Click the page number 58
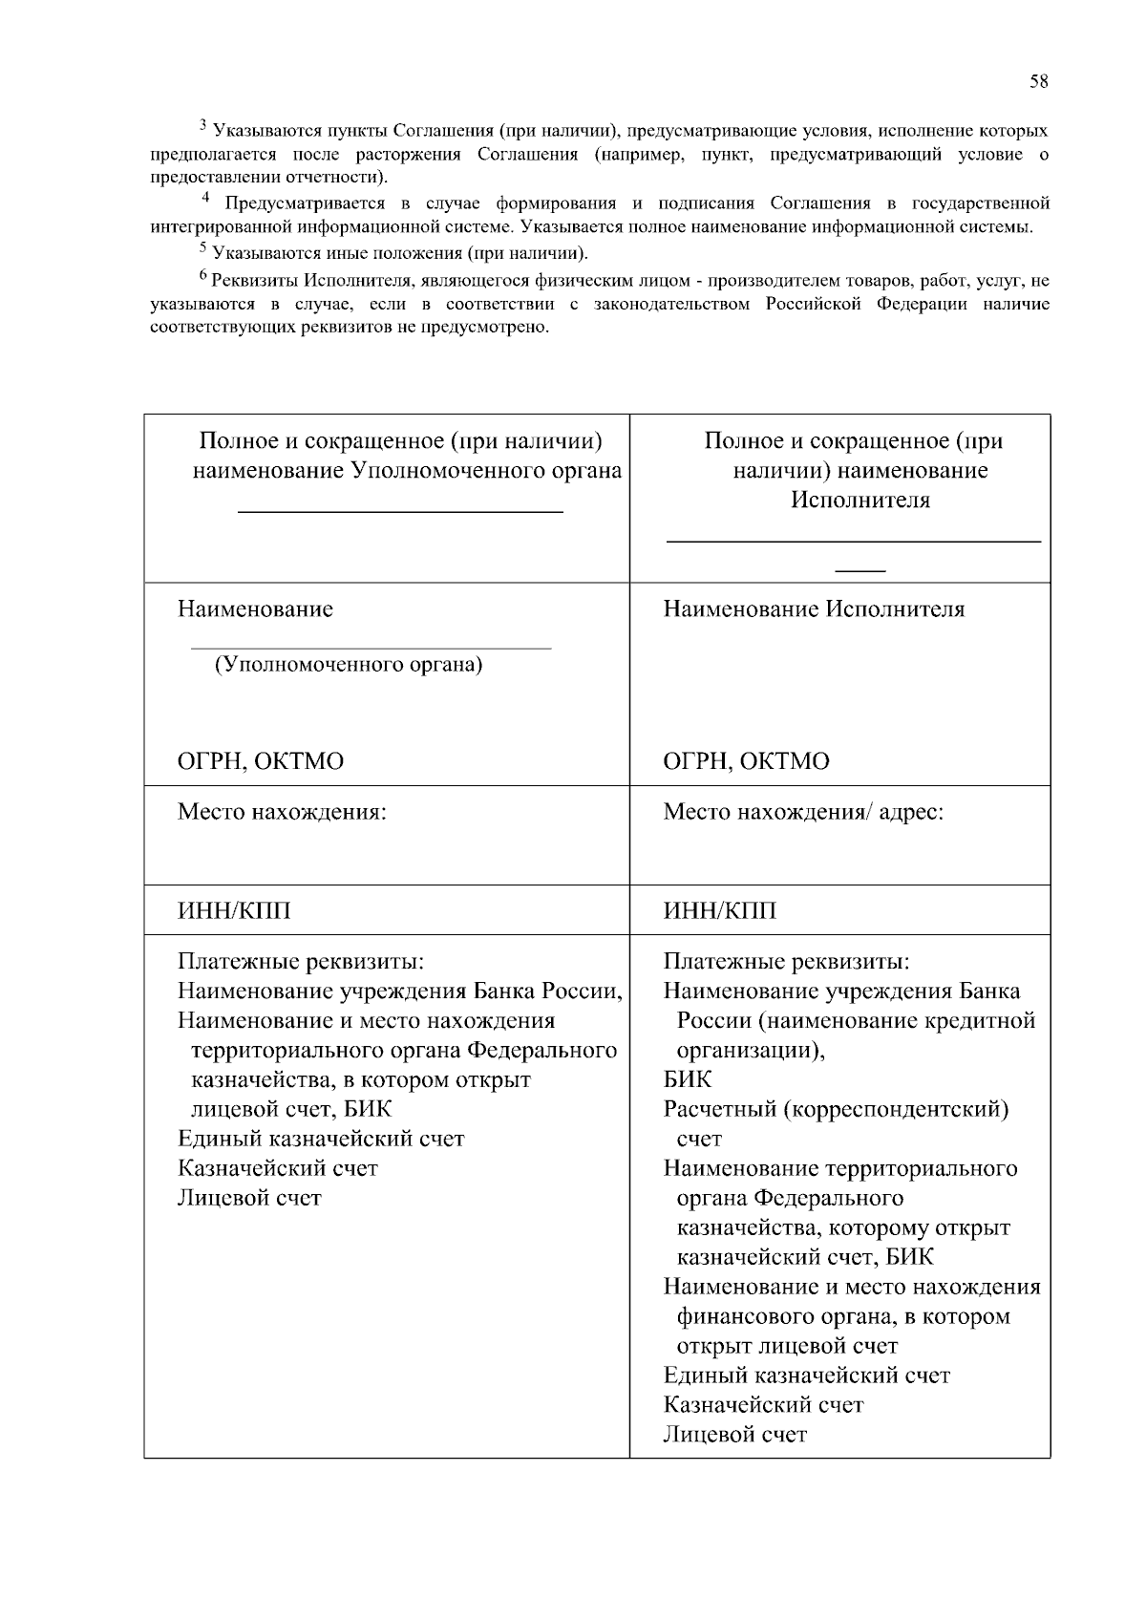pos(1039,82)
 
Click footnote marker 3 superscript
pos(202,125)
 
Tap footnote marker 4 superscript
pos(205,198)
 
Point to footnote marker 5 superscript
pos(202,248)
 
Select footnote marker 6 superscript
pos(202,276)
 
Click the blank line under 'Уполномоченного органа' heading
pos(400,513)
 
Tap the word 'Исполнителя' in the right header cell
pos(859,501)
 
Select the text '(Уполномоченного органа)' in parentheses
pos(348,665)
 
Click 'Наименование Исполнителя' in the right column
pos(814,609)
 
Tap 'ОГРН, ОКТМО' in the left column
pos(261,762)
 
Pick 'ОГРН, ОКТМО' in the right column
pos(746,762)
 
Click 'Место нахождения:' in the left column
pos(282,813)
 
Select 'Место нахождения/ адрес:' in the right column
pos(803,813)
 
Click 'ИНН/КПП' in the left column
pos(234,911)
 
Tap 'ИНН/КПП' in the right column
pos(720,911)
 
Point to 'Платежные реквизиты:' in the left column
pos(300,962)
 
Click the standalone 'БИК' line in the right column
pos(688,1080)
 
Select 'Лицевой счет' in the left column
pos(249,1199)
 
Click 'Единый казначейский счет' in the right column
pos(807,1376)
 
